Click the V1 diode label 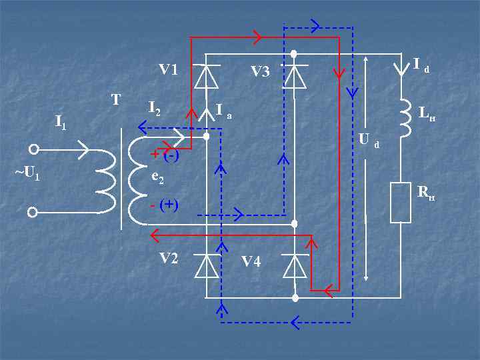(168, 69)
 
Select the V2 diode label (168, 259)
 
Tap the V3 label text (260, 71)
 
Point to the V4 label (251, 261)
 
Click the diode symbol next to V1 (206, 76)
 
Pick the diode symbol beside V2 (206, 265)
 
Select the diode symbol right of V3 (294, 76)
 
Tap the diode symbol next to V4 (294, 265)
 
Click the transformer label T (116, 100)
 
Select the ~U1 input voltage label (26, 174)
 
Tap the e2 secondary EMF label (157, 178)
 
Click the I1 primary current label (61, 122)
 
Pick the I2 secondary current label (154, 107)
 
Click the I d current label (421, 65)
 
